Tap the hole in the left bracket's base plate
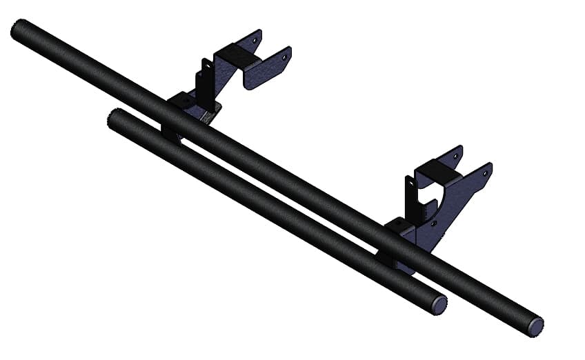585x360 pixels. [x=186, y=101]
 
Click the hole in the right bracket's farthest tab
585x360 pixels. [x=456, y=156]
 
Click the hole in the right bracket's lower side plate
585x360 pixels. [x=433, y=223]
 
